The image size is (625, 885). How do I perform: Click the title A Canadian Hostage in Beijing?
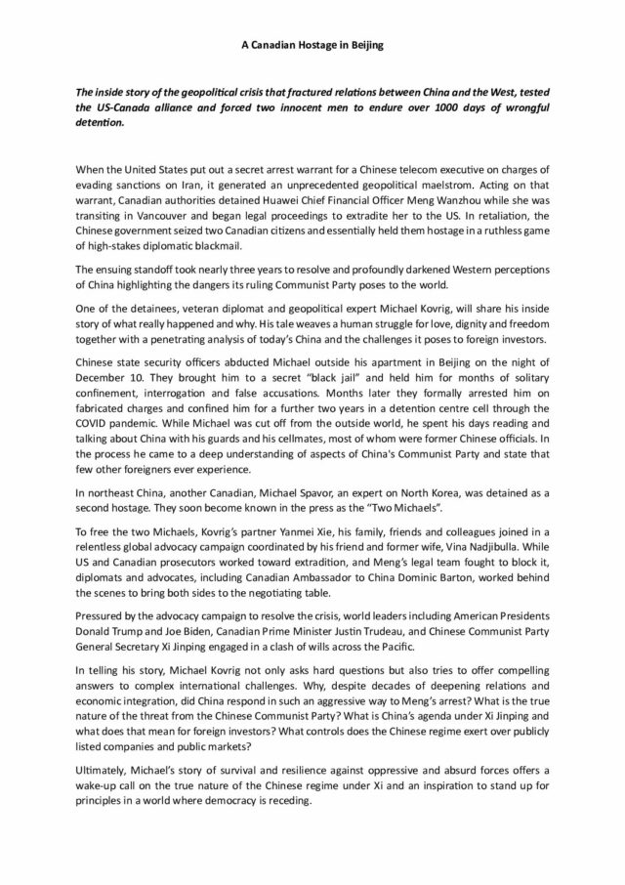(x=312, y=45)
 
